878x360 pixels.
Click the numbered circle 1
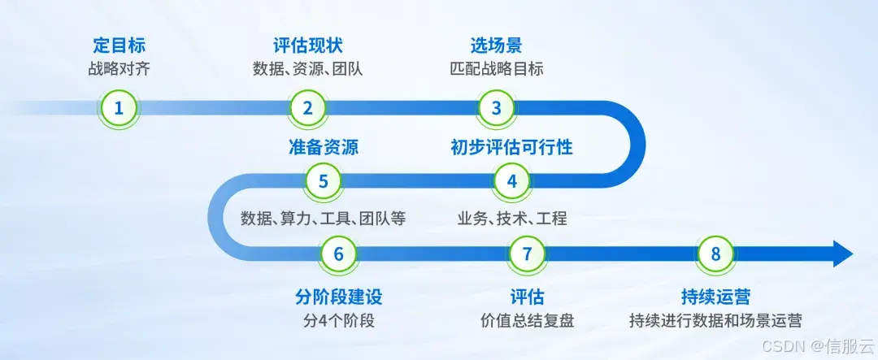pos(120,108)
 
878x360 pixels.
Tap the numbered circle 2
pos(307,108)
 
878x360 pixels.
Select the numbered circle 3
pos(496,108)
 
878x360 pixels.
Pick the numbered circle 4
pos(511,180)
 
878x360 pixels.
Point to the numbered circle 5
pos(323,180)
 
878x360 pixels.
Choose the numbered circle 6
pos(338,254)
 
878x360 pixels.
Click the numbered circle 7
pos(527,254)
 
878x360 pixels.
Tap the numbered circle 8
pos(715,254)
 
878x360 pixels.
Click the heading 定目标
pos(120,45)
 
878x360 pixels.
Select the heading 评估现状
pos(307,45)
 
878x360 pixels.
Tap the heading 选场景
pos(496,45)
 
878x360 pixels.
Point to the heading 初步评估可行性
pos(511,147)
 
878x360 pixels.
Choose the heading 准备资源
pos(323,147)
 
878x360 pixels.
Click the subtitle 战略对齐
pos(120,68)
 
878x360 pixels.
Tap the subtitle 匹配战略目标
pos(496,68)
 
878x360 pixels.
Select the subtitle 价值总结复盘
pos(527,320)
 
